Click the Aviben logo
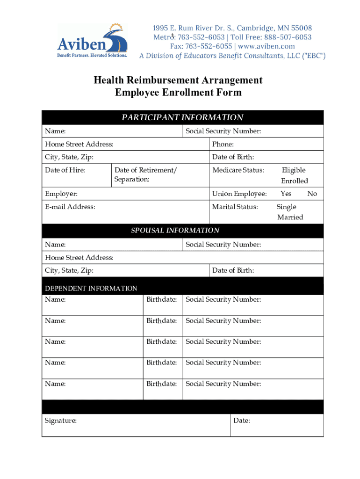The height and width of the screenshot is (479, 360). (x=93, y=41)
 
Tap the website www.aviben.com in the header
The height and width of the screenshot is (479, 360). (x=266, y=46)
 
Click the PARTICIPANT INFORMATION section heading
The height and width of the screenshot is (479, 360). (x=182, y=117)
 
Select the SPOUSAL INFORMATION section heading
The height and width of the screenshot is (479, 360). (x=175, y=230)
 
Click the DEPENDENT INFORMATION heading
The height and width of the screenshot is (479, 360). (x=91, y=288)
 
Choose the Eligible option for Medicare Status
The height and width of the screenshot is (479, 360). (x=293, y=170)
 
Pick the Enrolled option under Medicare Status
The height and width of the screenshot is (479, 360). (x=294, y=181)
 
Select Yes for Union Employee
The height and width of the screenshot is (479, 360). (x=286, y=194)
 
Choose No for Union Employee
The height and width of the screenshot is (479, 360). (x=312, y=194)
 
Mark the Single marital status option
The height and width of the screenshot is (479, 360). (x=286, y=207)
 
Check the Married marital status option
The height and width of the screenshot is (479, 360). (x=290, y=217)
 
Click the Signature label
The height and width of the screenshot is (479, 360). (x=61, y=421)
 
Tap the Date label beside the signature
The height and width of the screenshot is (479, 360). (x=242, y=421)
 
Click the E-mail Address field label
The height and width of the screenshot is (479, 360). (x=70, y=207)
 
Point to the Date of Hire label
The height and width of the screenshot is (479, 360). (x=65, y=170)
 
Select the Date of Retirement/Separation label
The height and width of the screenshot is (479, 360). (x=145, y=174)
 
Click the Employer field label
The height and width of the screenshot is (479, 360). (x=61, y=194)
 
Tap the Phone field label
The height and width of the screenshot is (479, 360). (x=223, y=145)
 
